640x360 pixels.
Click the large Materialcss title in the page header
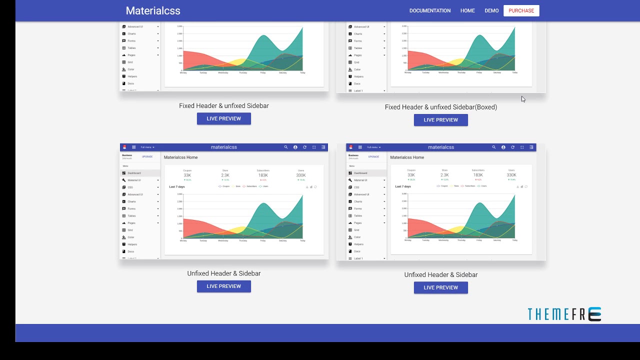(x=153, y=10)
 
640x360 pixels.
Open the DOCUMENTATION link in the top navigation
(x=430, y=10)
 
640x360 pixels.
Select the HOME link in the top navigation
(x=467, y=10)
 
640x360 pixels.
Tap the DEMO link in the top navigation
(x=491, y=10)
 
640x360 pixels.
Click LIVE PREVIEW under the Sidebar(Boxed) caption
(x=440, y=120)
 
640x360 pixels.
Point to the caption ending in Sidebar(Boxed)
(x=440, y=107)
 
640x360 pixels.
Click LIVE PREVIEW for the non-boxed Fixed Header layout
(x=223, y=118)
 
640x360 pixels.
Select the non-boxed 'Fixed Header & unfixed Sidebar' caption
(x=223, y=106)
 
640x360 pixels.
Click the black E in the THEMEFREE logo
(x=594, y=314)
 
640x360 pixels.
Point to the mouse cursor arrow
(x=522, y=98)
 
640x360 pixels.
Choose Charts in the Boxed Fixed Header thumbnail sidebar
(x=358, y=34)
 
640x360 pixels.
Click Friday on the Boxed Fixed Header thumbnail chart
(x=479, y=72)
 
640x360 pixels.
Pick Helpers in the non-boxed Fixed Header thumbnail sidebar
(x=132, y=76)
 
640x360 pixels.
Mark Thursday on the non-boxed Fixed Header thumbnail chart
(x=242, y=72)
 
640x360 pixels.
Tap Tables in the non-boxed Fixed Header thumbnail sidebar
(x=132, y=48)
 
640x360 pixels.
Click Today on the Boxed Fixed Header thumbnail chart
(x=514, y=72)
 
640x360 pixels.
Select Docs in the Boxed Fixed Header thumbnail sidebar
(x=357, y=83)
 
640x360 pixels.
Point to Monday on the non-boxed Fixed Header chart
(x=183, y=72)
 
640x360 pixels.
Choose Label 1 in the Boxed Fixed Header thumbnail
(x=358, y=90)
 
